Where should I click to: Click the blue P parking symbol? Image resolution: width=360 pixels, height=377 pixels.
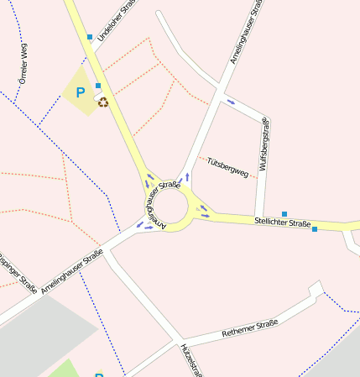click(x=81, y=92)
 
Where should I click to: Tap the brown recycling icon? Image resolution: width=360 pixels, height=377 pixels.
click(x=103, y=102)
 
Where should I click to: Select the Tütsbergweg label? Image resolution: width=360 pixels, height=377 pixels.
click(x=227, y=166)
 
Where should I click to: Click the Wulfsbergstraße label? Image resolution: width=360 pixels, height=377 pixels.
click(x=264, y=144)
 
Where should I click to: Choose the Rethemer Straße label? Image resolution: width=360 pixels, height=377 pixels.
click(x=249, y=328)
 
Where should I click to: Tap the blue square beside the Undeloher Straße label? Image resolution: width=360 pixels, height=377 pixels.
click(x=90, y=37)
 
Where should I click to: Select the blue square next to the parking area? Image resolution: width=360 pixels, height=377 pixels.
click(x=98, y=86)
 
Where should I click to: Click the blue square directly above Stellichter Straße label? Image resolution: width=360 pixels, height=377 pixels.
click(x=284, y=214)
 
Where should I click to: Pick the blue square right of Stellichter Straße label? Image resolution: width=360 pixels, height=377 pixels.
click(x=315, y=229)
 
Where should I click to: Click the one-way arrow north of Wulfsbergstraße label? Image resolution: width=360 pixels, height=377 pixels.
click(x=231, y=102)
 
